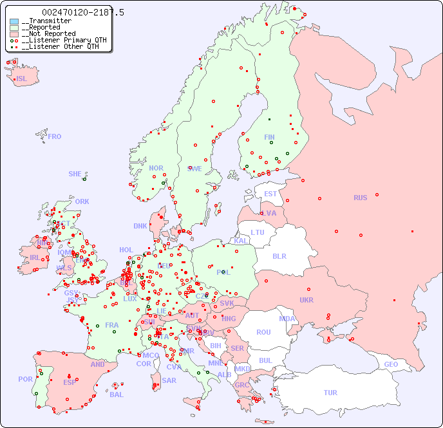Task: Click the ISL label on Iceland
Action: (x=22, y=79)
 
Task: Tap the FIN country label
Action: (x=269, y=137)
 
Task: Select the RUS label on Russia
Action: (x=360, y=198)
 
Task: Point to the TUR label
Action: (x=330, y=393)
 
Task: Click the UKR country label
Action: (x=306, y=300)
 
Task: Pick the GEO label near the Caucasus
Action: (x=391, y=364)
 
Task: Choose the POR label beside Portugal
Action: (x=25, y=379)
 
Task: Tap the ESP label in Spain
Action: (x=70, y=382)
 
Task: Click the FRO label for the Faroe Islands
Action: (x=55, y=136)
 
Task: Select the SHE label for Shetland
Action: (x=75, y=174)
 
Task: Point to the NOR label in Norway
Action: (x=156, y=168)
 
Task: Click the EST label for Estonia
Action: (x=270, y=194)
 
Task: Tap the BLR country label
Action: (x=279, y=256)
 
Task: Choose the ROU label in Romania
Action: (x=263, y=332)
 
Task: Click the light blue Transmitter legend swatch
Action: (x=14, y=21)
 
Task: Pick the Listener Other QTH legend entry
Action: (x=59, y=46)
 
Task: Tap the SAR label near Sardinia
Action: (x=169, y=380)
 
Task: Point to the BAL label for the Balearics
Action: (x=116, y=395)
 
